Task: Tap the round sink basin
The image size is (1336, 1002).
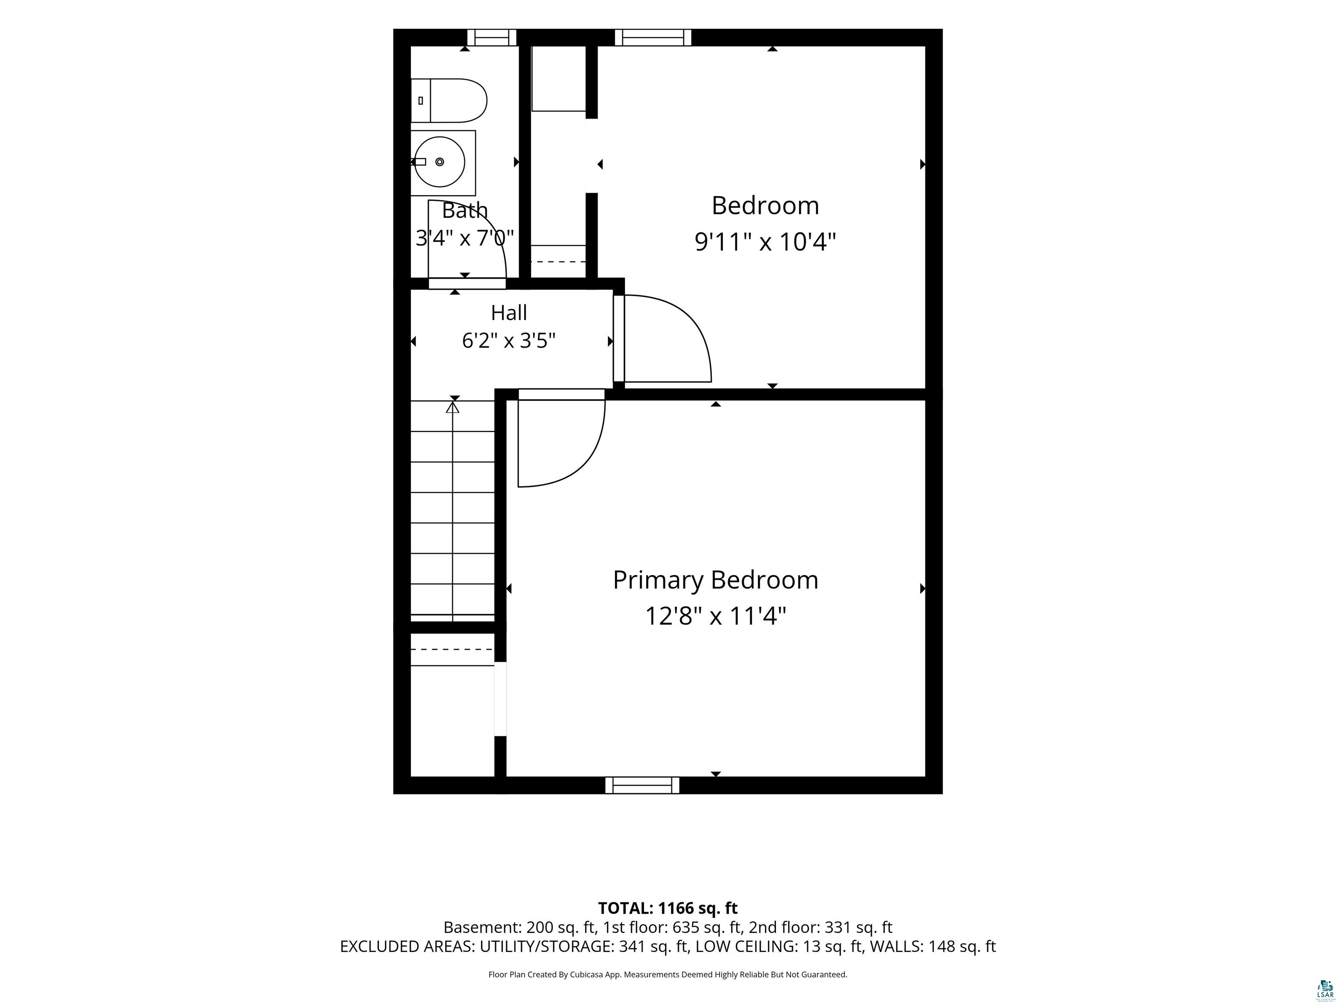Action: pos(439,162)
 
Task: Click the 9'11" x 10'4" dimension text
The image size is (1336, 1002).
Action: pos(765,242)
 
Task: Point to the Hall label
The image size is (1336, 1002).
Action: pos(508,313)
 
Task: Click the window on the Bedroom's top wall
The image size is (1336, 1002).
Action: pos(653,37)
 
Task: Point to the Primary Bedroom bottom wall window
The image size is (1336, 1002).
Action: pos(642,785)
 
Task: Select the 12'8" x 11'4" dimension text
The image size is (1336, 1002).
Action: pos(716,617)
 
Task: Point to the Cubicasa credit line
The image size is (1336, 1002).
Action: pos(668,974)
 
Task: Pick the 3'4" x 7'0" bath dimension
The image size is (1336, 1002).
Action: pos(464,238)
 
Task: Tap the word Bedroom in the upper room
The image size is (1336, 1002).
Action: pos(765,205)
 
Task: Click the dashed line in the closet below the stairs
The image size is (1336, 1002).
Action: pos(452,649)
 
